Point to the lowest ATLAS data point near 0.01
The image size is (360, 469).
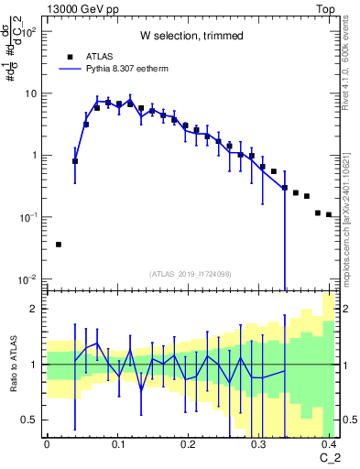point(59,245)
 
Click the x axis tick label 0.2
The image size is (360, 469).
point(188,443)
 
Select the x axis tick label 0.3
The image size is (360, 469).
point(258,443)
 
